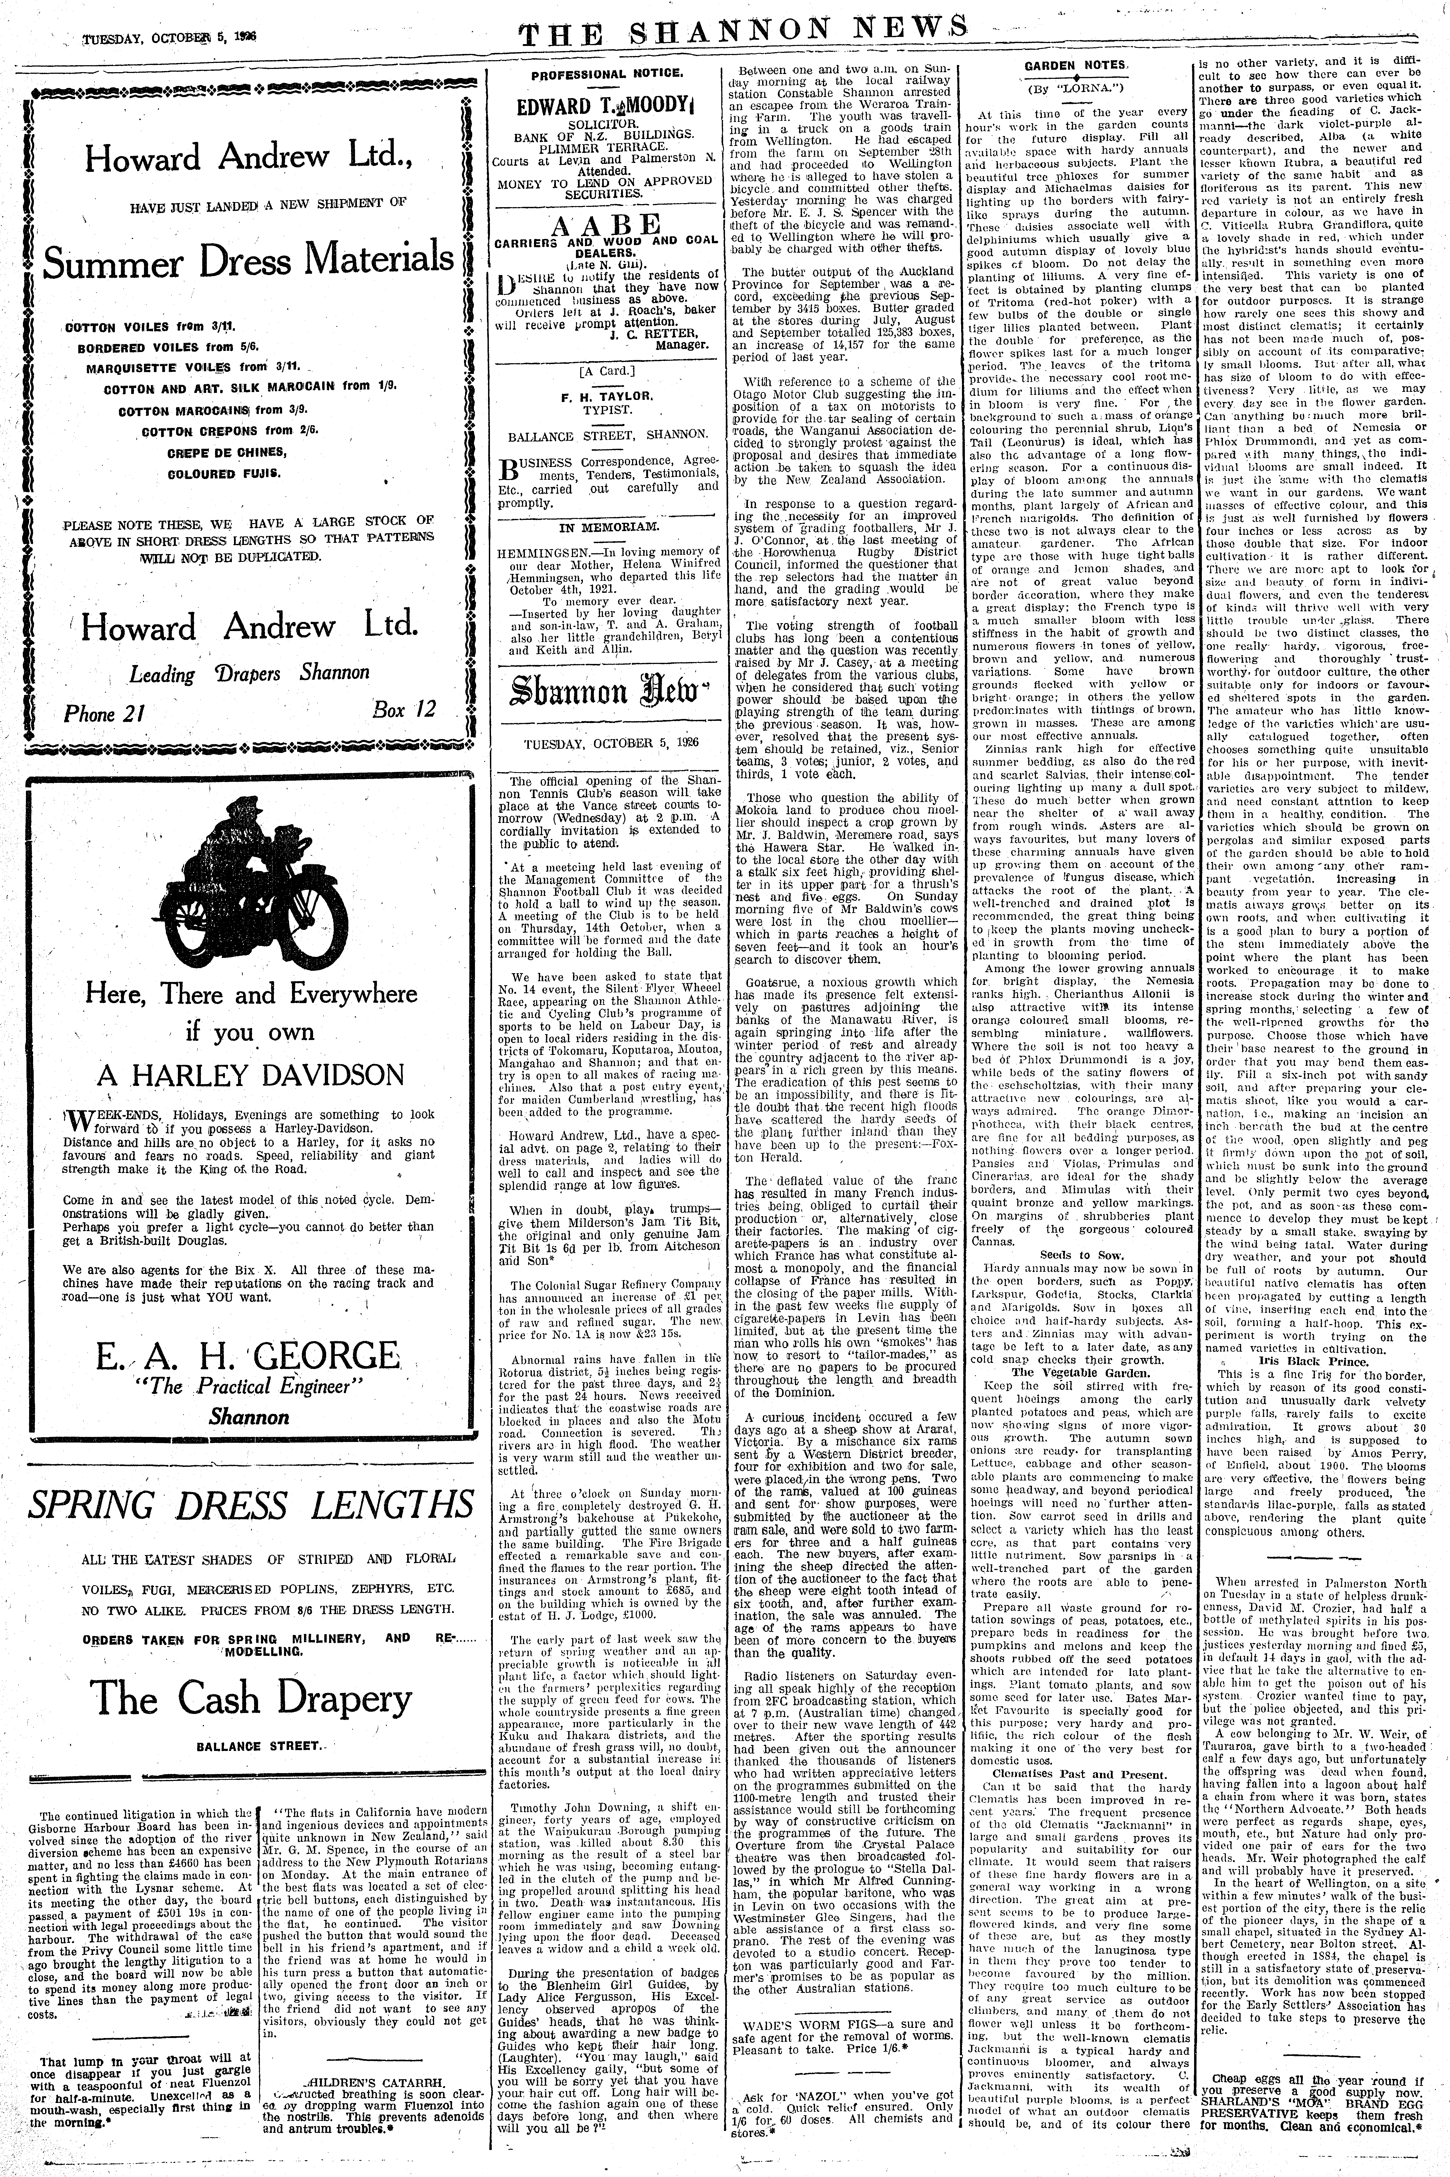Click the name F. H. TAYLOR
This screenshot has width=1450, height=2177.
(607, 395)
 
